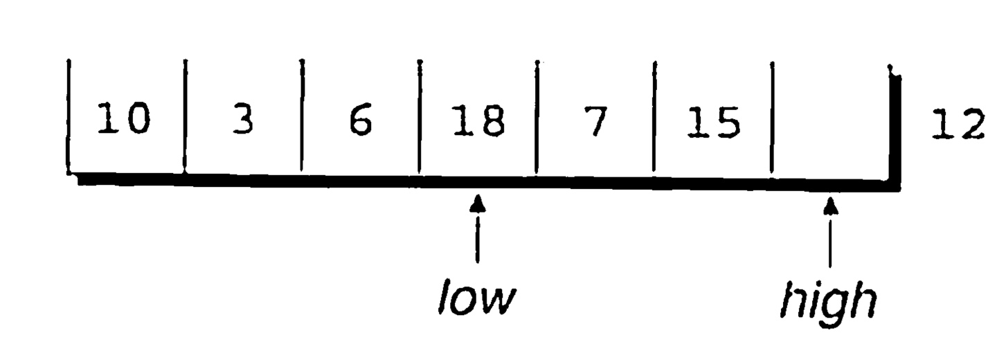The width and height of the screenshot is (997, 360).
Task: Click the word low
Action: (x=476, y=299)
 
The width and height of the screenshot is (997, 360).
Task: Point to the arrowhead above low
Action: (x=477, y=204)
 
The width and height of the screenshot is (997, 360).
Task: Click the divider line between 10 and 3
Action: (x=185, y=118)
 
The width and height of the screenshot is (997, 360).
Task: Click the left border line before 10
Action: (x=69, y=118)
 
